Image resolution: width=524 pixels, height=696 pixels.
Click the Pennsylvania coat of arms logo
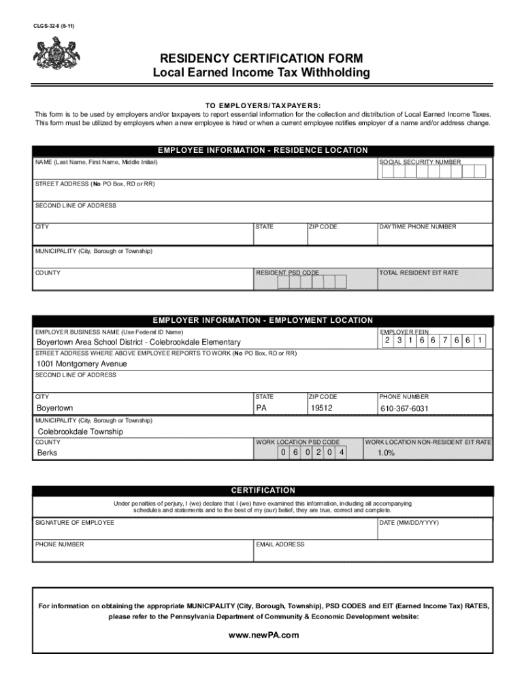[x=56, y=54]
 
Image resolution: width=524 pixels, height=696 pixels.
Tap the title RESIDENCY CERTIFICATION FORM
[x=261, y=58]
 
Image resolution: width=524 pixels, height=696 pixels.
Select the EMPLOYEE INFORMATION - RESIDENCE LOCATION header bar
[x=262, y=150]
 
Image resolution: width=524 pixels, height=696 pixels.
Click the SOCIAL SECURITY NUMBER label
[x=420, y=162]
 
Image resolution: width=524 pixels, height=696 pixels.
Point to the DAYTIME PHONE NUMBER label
[x=418, y=227]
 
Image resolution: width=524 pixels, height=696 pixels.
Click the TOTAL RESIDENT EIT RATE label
[x=419, y=273]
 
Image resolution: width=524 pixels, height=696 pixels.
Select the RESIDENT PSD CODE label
[x=287, y=273]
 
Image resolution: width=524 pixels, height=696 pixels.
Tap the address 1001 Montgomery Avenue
[x=82, y=364]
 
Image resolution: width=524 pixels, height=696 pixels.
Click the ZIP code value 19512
[x=321, y=408]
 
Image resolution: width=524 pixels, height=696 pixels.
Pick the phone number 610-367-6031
[x=404, y=408]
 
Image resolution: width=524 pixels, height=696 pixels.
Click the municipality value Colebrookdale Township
[x=80, y=432]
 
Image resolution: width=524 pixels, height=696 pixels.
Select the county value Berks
[x=47, y=453]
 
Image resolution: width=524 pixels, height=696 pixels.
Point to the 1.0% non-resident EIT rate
[x=386, y=453]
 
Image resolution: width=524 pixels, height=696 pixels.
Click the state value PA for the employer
[x=261, y=408]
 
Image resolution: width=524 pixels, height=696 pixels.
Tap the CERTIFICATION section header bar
[x=262, y=490]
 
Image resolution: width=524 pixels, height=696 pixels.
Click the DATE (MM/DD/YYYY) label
[x=409, y=523]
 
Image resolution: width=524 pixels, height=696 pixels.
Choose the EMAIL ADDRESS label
[x=280, y=544]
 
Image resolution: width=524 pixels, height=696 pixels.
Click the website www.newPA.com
[x=262, y=635]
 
